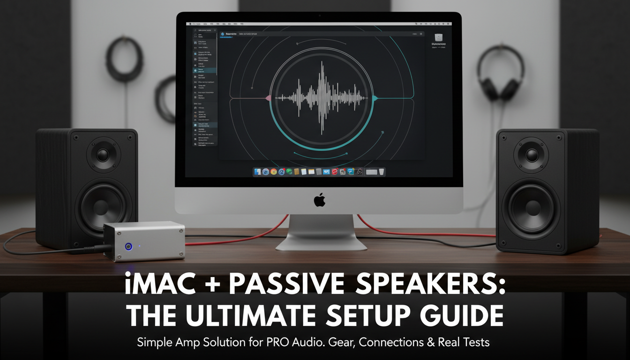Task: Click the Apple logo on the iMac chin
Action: click(320, 200)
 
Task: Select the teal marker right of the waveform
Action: click(375, 98)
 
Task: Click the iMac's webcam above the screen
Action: click(319, 15)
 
